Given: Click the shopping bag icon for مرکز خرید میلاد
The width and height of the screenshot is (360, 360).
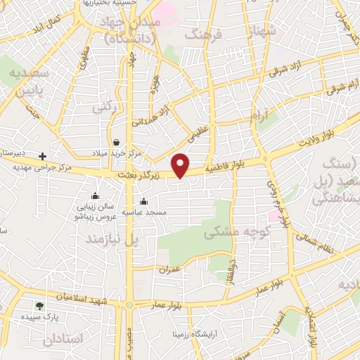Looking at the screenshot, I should pyautogui.click(x=115, y=142).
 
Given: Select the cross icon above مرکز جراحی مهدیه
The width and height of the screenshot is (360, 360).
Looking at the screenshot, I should pyautogui.click(x=43, y=156).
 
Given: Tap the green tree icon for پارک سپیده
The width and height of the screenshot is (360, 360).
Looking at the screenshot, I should pyautogui.click(x=39, y=306).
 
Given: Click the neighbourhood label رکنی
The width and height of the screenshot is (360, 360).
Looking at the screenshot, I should pyautogui.click(x=105, y=106).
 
